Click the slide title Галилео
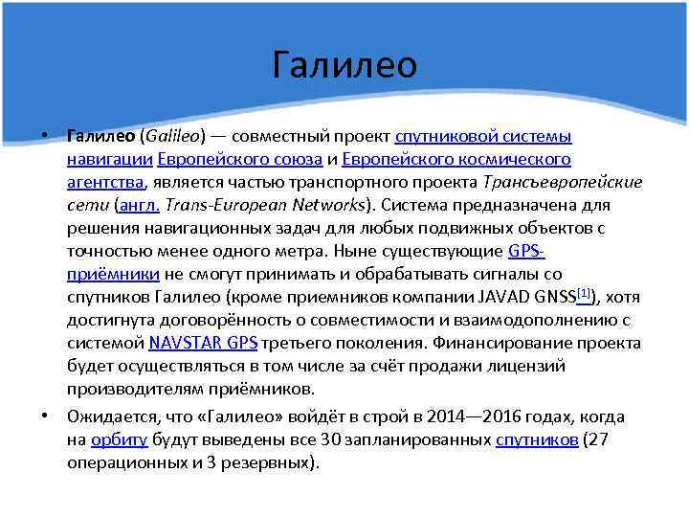point(344,65)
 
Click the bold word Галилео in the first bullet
point(100,136)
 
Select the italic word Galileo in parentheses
point(173,136)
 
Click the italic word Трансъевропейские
point(564,182)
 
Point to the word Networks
point(325,205)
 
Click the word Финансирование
point(498,344)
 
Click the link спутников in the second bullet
point(536,440)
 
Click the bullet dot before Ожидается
point(46,416)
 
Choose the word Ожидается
point(111,417)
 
